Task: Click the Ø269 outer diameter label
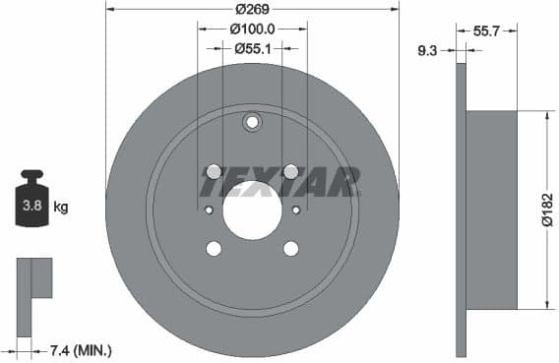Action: [253, 11]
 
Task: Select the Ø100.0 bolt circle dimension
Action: [252, 30]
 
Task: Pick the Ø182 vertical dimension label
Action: [547, 210]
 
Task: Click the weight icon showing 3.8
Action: [31, 202]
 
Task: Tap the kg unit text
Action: [61, 207]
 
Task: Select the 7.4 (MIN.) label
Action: [80, 349]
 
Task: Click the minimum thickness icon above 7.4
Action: [33, 280]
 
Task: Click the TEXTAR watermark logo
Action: [279, 181]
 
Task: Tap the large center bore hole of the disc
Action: [252, 210]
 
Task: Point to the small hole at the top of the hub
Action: [252, 122]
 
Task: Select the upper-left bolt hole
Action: [214, 170]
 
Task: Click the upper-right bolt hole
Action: [290, 171]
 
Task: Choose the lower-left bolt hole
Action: [214, 248]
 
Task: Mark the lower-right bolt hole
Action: [290, 248]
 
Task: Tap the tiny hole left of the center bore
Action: [208, 210]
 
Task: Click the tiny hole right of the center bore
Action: [296, 210]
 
